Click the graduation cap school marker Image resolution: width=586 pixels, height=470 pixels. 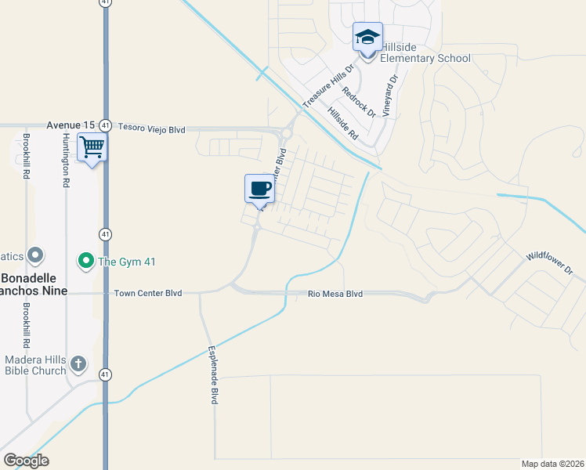(367, 37)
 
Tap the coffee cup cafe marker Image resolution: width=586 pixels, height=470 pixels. (260, 189)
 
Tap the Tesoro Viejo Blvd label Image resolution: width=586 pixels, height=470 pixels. (151, 126)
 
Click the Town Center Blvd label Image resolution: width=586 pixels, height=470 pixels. (148, 293)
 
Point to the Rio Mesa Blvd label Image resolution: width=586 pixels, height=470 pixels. (335, 294)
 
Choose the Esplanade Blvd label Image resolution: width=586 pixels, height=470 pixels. (212, 375)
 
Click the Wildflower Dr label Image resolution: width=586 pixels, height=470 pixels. (550, 262)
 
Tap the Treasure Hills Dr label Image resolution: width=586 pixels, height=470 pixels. (329, 85)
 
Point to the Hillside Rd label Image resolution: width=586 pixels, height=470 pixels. (342, 124)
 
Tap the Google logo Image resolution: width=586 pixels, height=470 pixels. (26, 461)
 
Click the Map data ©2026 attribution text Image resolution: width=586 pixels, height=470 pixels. (552, 464)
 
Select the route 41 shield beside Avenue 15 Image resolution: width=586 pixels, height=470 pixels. (105, 125)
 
